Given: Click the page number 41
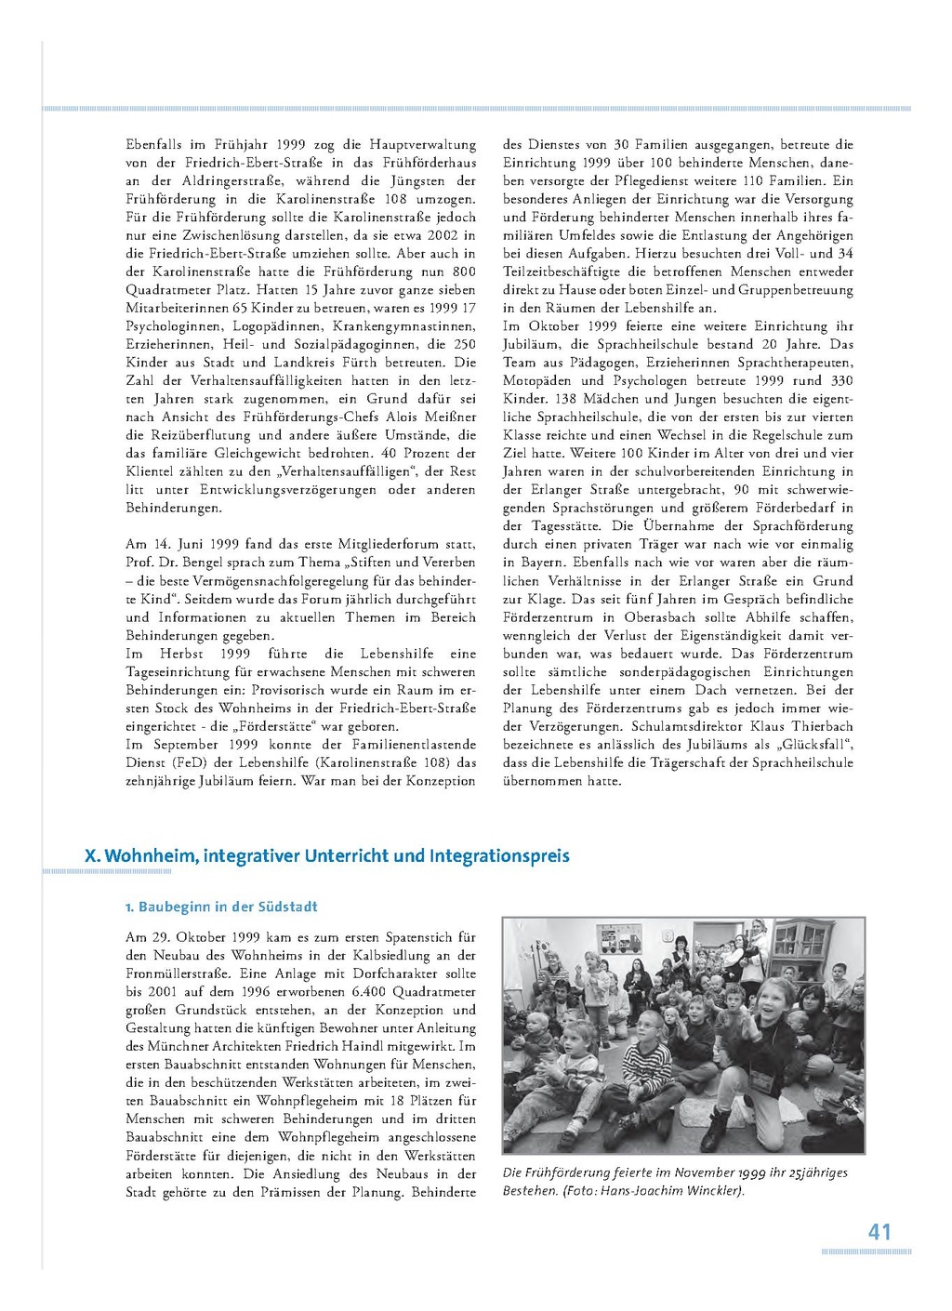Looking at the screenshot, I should [x=879, y=1231].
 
